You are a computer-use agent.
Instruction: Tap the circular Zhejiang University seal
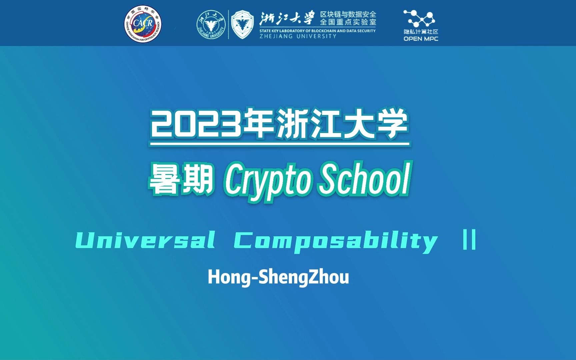click(x=211, y=25)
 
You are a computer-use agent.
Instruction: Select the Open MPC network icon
click(x=420, y=19)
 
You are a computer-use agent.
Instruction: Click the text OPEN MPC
click(x=421, y=39)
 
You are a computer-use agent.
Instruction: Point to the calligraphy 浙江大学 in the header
click(x=287, y=18)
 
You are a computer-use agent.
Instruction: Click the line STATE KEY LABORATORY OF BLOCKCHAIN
click(x=317, y=31)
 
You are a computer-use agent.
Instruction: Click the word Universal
click(x=145, y=240)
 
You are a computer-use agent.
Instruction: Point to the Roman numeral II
click(x=469, y=240)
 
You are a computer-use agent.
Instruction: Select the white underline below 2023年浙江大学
click(x=279, y=144)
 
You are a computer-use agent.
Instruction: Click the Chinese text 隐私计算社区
click(x=421, y=32)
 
